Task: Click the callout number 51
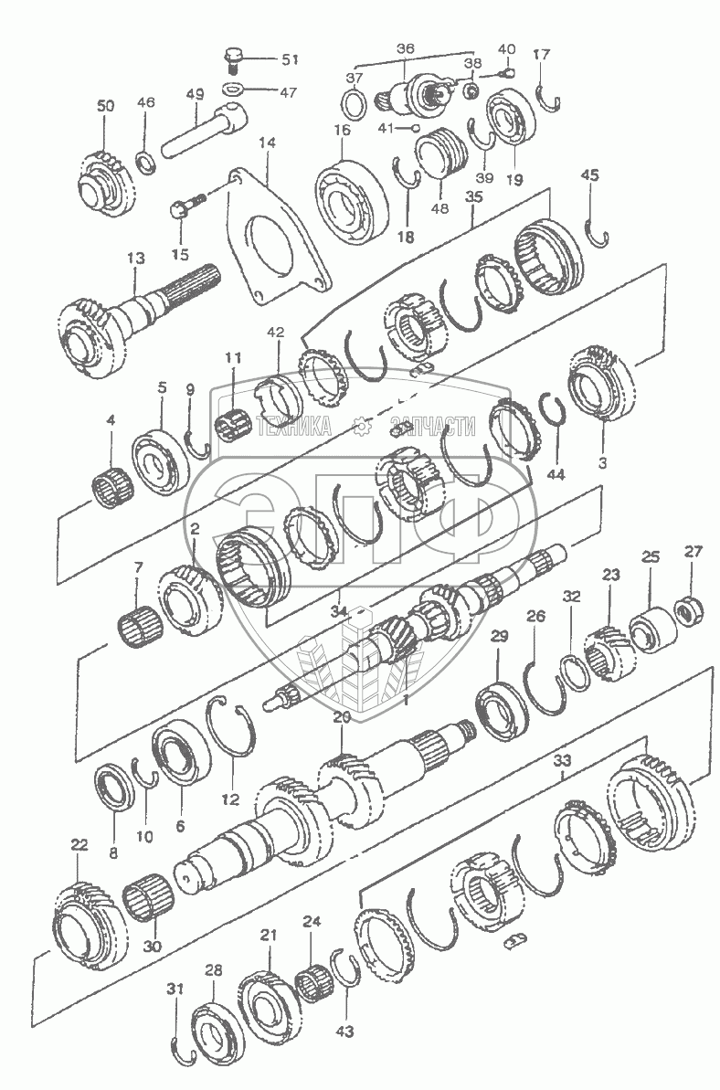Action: [289, 59]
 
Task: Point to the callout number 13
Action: [136, 259]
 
